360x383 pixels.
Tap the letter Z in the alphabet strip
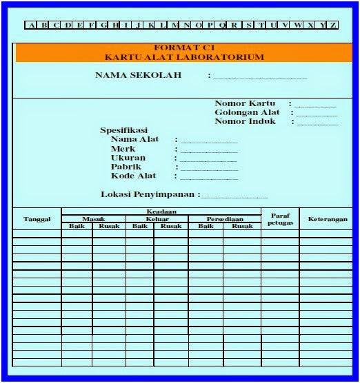[334, 25]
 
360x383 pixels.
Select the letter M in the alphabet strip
[175, 25]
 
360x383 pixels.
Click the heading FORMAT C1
[184, 48]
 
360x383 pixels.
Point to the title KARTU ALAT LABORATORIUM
[184, 57]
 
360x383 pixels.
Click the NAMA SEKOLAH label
[138, 75]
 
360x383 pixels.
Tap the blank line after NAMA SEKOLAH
[259, 76]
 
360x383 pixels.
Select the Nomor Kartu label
[245, 103]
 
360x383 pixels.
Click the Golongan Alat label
[246, 112]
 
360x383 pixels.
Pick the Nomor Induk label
[245, 121]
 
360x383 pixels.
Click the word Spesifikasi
[124, 130]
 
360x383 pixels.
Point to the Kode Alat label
[133, 176]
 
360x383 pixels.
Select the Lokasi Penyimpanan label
[149, 194]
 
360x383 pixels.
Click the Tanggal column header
[37, 219]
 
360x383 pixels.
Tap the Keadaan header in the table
[161, 211]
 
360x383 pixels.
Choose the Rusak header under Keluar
[171, 226]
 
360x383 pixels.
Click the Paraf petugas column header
[280, 219]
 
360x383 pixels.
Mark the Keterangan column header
[328, 219]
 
